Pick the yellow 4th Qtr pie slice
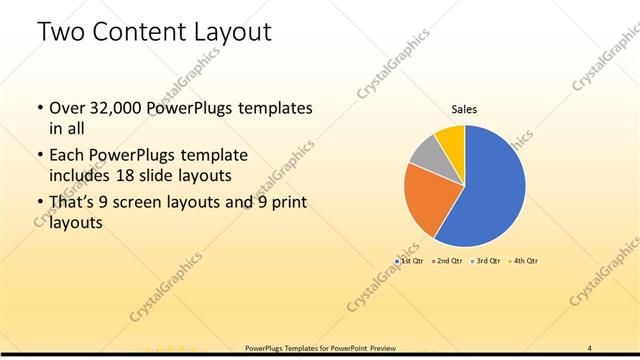452,138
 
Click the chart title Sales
464,109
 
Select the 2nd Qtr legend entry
448,260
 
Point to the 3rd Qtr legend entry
486,260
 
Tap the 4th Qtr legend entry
524,260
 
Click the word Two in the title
59,32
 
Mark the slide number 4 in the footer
590,348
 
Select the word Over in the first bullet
67,108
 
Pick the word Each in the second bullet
67,155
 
